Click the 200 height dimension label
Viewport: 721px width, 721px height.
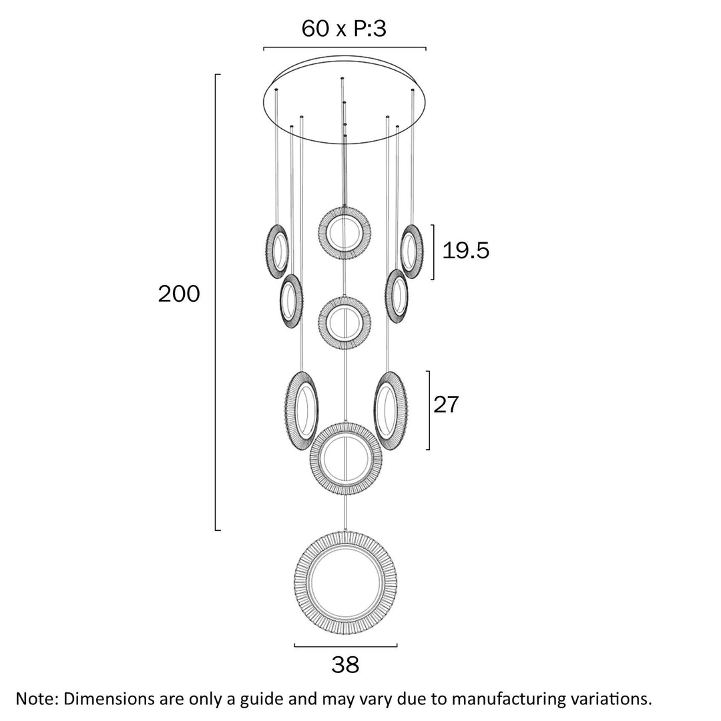tap(179, 294)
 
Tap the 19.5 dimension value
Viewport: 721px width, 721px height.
tap(466, 251)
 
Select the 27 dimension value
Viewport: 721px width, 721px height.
tap(446, 405)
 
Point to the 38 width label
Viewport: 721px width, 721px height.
tap(345, 664)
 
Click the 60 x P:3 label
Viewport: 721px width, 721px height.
tap(344, 29)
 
